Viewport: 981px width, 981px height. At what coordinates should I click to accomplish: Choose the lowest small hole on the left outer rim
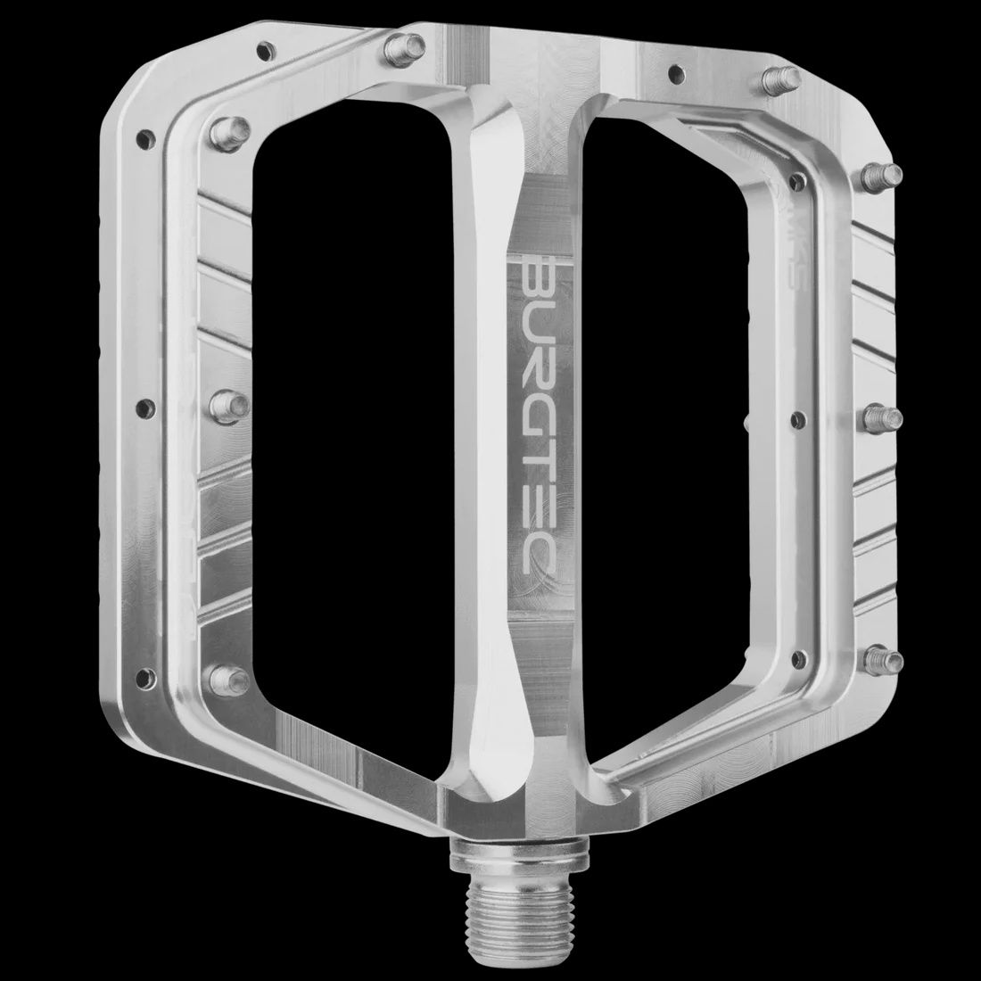click(x=141, y=672)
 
